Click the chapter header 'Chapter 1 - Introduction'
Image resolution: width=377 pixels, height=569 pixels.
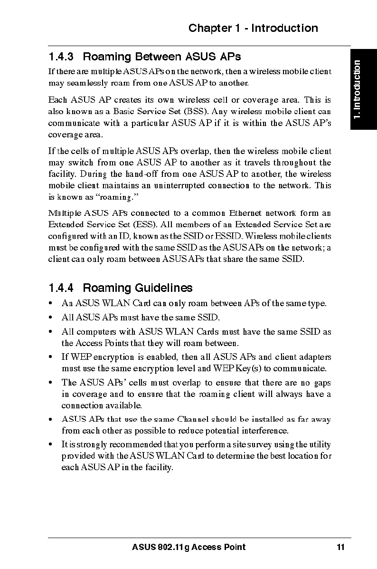coord(253,28)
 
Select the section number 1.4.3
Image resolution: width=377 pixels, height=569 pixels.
coord(61,57)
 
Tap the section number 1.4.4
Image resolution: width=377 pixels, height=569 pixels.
coord(61,288)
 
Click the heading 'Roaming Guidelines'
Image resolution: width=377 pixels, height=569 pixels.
coord(138,288)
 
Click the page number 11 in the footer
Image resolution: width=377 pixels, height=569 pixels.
coord(340,547)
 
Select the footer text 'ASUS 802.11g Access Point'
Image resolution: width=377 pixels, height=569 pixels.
coord(188,547)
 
